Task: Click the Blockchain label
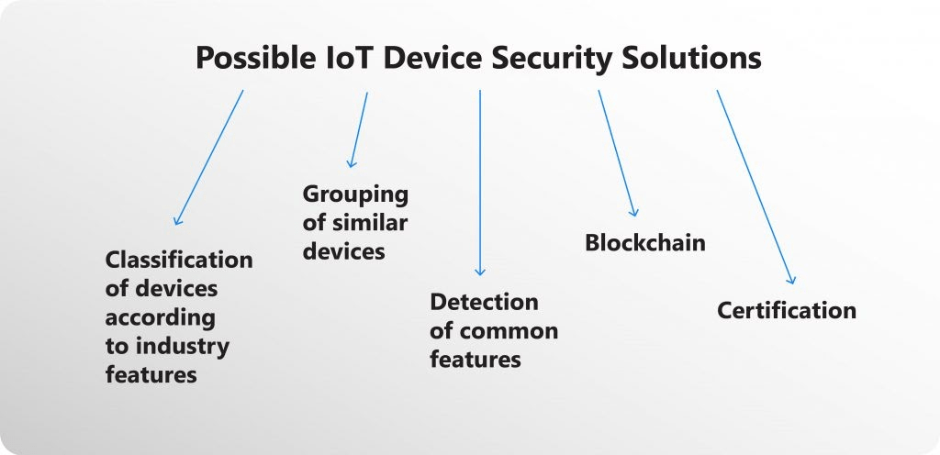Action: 645,242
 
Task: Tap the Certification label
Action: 787,310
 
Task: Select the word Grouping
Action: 355,195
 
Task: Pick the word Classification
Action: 179,260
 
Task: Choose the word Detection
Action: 484,302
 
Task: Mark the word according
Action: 160,318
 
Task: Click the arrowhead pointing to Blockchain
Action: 634,212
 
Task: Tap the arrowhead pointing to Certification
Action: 791,280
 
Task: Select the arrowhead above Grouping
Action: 351,163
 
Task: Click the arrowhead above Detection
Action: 479,272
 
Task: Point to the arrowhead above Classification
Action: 177,220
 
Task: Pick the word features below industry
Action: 151,375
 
